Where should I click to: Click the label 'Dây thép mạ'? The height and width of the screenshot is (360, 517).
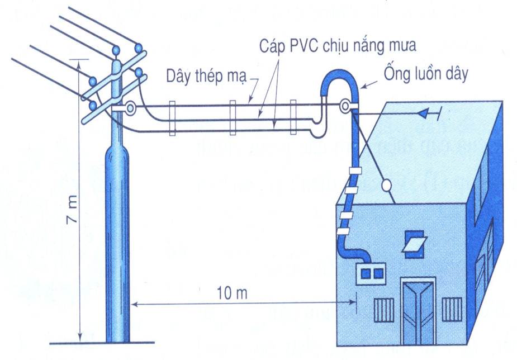point(206,77)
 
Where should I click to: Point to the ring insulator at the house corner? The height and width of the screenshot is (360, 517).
point(346,105)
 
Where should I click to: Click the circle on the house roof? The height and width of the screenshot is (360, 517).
point(386,185)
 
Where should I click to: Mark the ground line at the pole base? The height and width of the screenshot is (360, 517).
point(101,343)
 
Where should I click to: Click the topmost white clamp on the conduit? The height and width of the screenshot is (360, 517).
point(354,170)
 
